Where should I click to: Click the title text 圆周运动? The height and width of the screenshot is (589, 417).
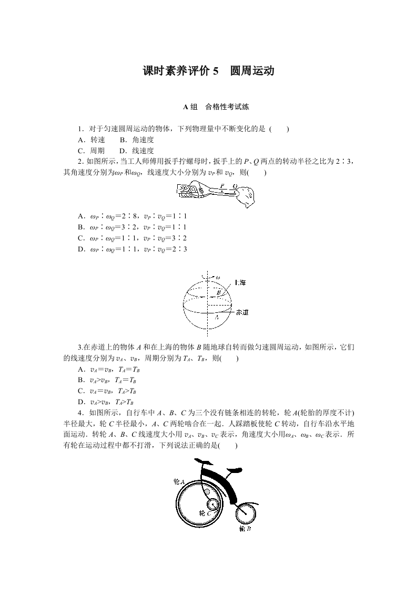pos(252,71)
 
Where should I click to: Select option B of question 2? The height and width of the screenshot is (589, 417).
pos(132,227)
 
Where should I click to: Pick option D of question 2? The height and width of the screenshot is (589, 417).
pos(132,249)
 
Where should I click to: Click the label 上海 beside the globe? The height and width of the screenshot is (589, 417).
pos(239,282)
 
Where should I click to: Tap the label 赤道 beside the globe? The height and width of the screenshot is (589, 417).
pos(242,312)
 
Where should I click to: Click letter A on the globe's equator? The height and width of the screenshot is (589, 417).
pos(216,317)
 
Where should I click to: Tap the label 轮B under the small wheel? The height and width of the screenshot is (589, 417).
pos(245,529)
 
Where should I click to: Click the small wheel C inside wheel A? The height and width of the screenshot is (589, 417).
pos(213,504)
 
